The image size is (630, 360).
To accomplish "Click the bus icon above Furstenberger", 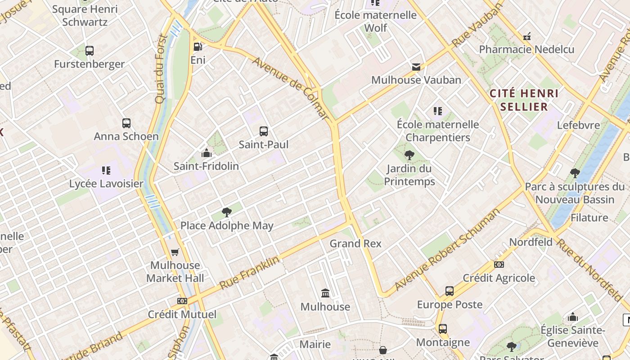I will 90,51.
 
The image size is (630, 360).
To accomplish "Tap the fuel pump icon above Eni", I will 198,47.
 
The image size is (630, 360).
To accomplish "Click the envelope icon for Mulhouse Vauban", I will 416,67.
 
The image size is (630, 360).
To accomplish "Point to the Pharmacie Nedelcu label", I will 526,49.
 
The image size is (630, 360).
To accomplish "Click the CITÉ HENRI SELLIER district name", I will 524,100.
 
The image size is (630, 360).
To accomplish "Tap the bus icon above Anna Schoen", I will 126,123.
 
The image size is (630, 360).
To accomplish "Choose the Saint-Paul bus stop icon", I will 264,131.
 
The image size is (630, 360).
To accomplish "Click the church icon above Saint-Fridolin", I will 207,153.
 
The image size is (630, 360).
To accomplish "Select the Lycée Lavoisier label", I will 106,184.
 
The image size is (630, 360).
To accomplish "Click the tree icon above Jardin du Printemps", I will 409,156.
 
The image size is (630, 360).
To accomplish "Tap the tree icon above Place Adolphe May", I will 227,212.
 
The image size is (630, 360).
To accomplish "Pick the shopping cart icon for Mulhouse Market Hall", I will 175,252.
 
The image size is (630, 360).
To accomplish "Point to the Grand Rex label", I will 355,243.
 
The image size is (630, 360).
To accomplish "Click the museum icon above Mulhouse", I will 325,294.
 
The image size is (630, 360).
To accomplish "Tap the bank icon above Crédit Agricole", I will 499,265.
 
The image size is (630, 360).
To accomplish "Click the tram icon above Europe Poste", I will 449,291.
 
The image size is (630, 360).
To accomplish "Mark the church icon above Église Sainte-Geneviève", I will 573,317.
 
